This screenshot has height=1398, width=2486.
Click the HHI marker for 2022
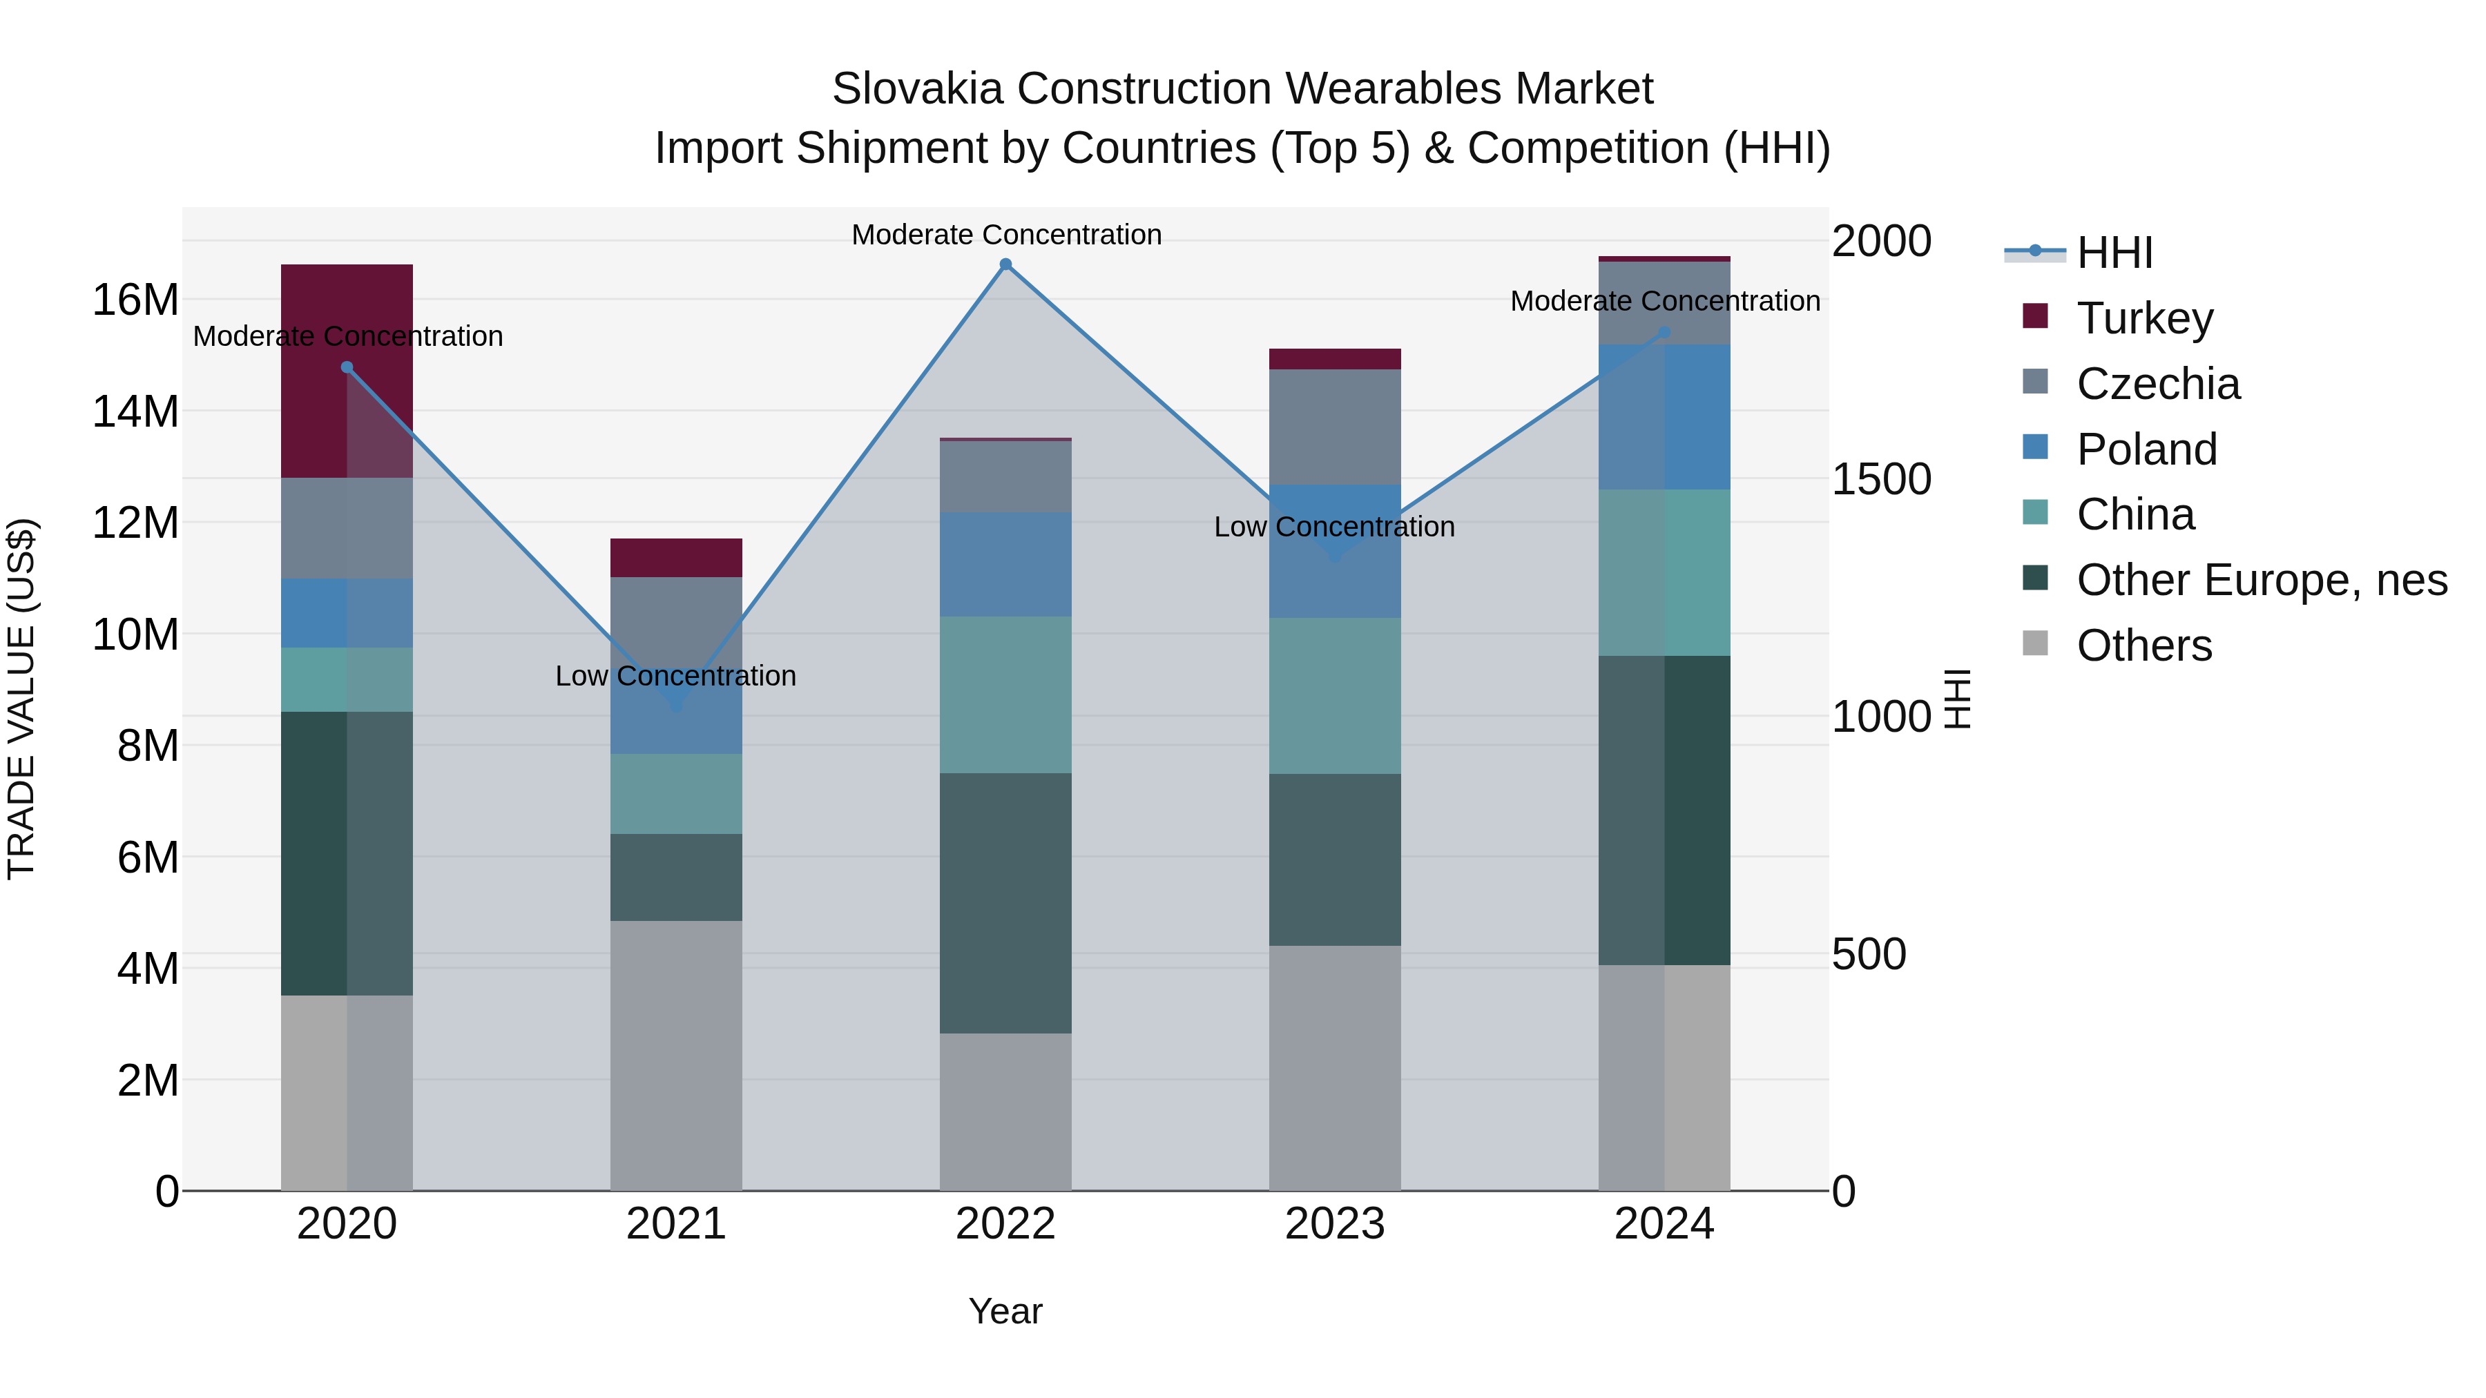point(1005,264)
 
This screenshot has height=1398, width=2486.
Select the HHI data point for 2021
point(675,706)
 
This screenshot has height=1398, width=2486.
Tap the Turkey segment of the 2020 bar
point(347,371)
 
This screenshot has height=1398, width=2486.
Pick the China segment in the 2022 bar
point(1005,695)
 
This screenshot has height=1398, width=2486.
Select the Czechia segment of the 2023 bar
point(1335,427)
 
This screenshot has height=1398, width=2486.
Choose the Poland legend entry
point(2146,449)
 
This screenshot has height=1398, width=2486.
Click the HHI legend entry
point(2114,253)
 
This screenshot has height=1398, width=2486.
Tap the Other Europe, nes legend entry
point(2261,581)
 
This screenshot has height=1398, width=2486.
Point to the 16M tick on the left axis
point(135,300)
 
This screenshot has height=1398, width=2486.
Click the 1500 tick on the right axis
point(1881,480)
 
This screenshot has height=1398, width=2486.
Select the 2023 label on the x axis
point(1335,1224)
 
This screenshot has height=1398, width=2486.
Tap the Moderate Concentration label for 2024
point(1665,301)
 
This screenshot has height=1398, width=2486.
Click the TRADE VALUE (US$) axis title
point(21,699)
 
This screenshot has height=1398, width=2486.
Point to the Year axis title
point(1005,1311)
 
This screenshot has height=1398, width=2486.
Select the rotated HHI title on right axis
point(1956,699)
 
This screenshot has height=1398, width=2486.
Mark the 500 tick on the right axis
point(1869,954)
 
